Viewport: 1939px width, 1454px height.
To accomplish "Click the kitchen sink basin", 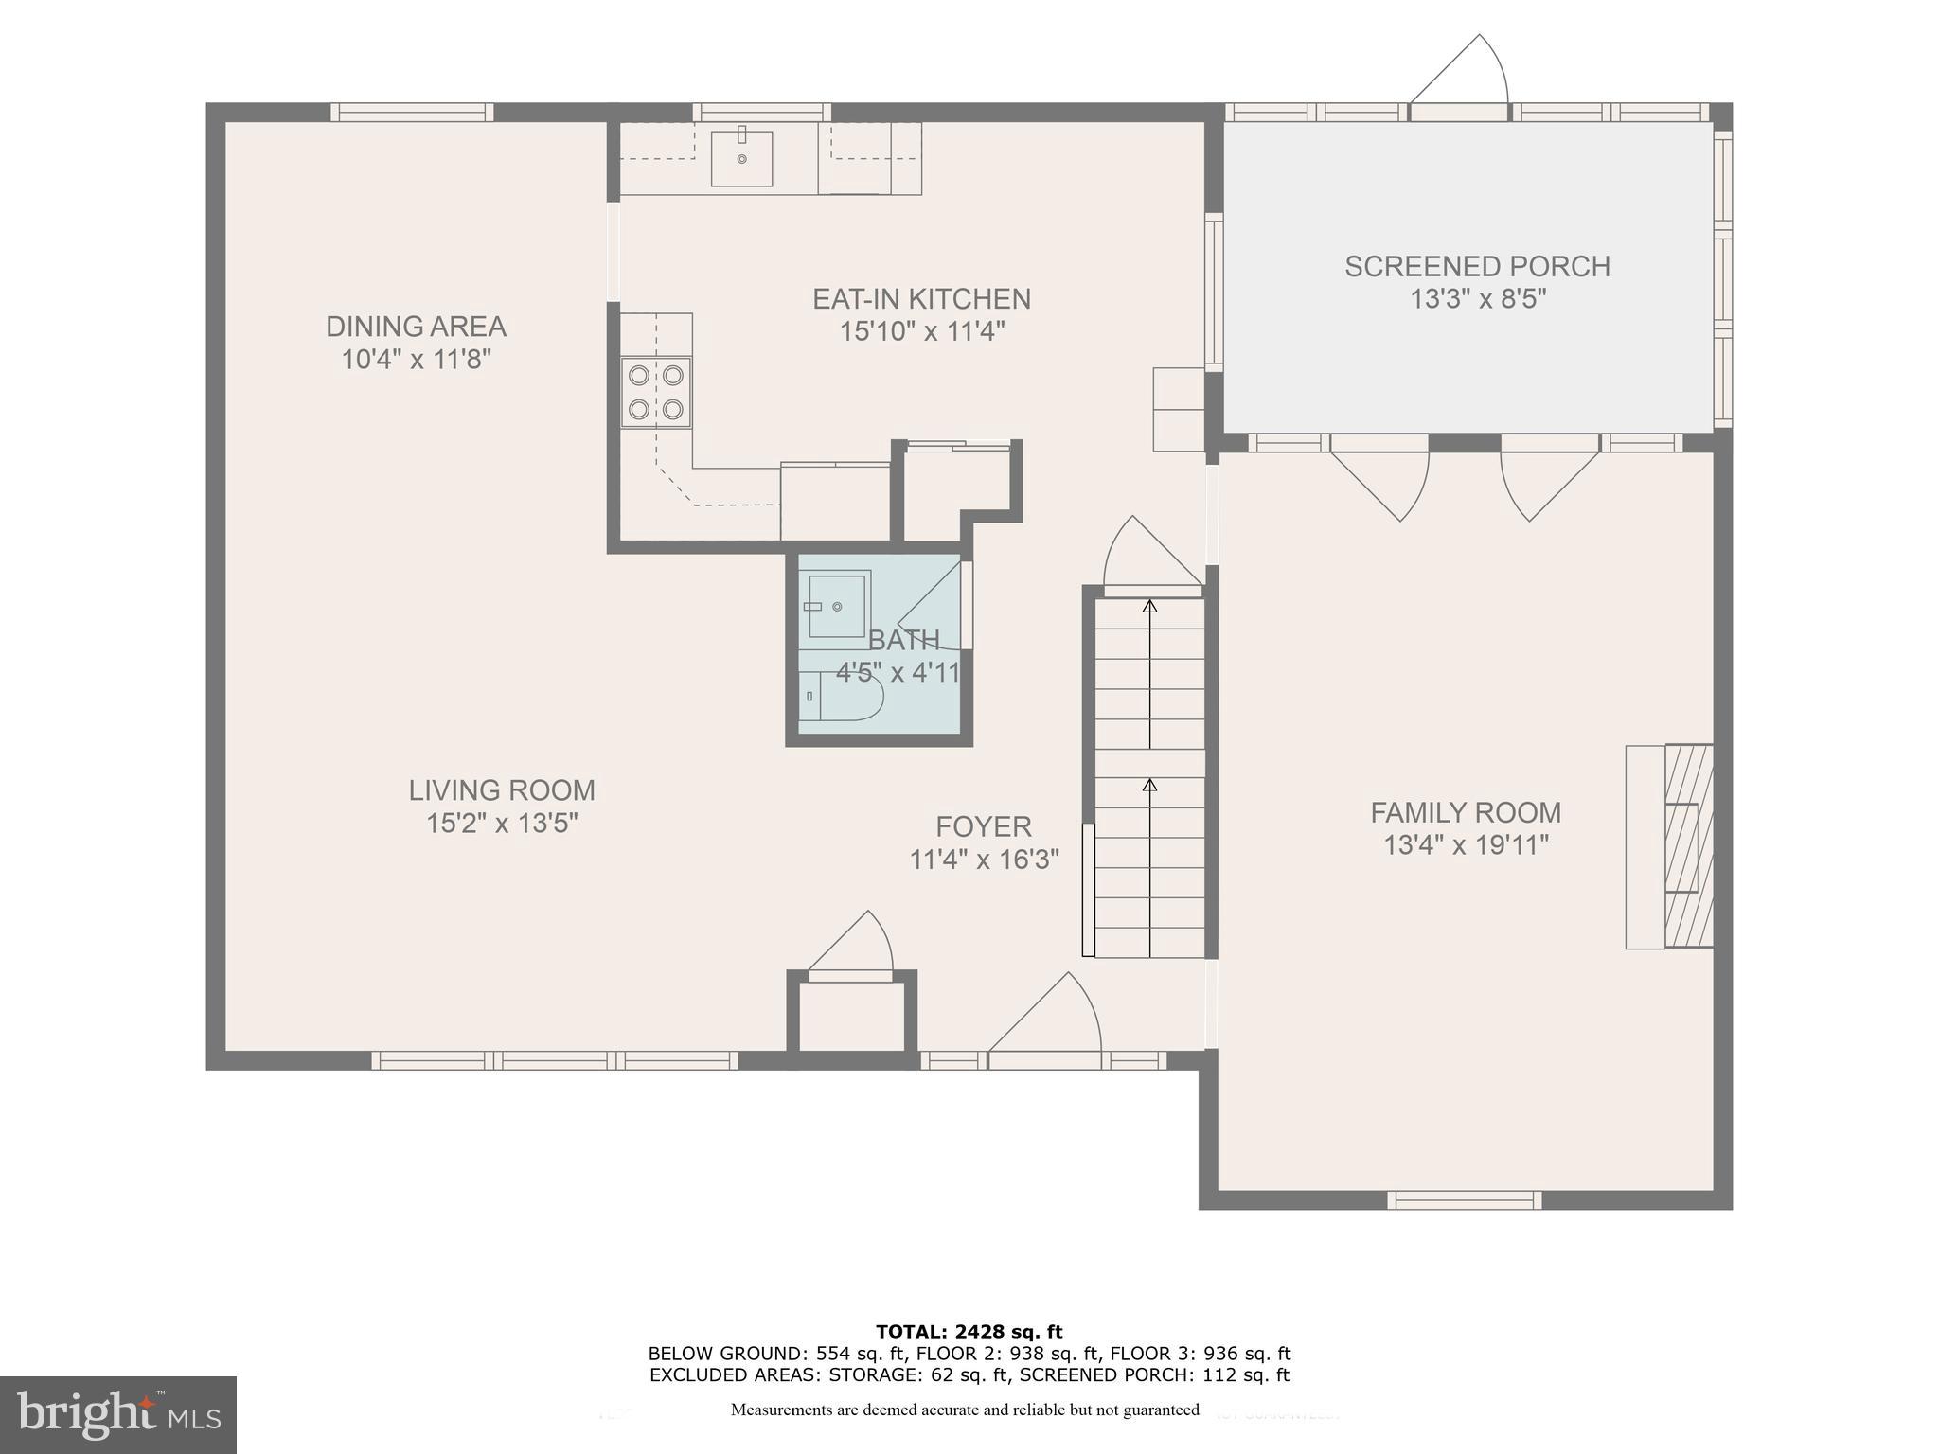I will (741, 158).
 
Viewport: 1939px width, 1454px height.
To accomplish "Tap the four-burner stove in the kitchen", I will (655, 392).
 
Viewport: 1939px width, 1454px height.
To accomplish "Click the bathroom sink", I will (837, 605).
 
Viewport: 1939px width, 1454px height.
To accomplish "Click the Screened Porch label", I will (1477, 267).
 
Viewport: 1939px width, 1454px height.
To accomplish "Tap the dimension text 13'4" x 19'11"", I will (1466, 844).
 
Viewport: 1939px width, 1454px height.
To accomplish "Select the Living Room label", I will (502, 790).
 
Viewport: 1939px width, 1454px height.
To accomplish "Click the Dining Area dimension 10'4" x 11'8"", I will (416, 360).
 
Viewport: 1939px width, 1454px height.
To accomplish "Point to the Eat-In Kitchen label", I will (921, 299).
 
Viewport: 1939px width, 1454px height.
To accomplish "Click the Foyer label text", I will (983, 826).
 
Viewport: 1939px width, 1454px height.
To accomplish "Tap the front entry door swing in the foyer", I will (1051, 1018).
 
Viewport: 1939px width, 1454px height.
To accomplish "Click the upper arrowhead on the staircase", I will (1149, 606).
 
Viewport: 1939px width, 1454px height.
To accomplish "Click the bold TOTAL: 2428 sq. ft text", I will (969, 1332).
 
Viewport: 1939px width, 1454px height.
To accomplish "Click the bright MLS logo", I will (117, 1414).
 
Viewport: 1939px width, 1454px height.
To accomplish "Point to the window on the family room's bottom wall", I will (1464, 1199).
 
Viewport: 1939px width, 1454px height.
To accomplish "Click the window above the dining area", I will (412, 112).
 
